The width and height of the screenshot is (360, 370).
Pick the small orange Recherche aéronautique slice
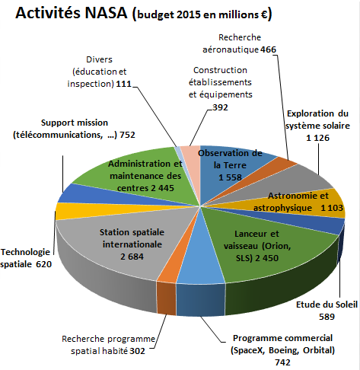point(285,163)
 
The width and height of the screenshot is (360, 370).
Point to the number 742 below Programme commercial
point(282,364)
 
